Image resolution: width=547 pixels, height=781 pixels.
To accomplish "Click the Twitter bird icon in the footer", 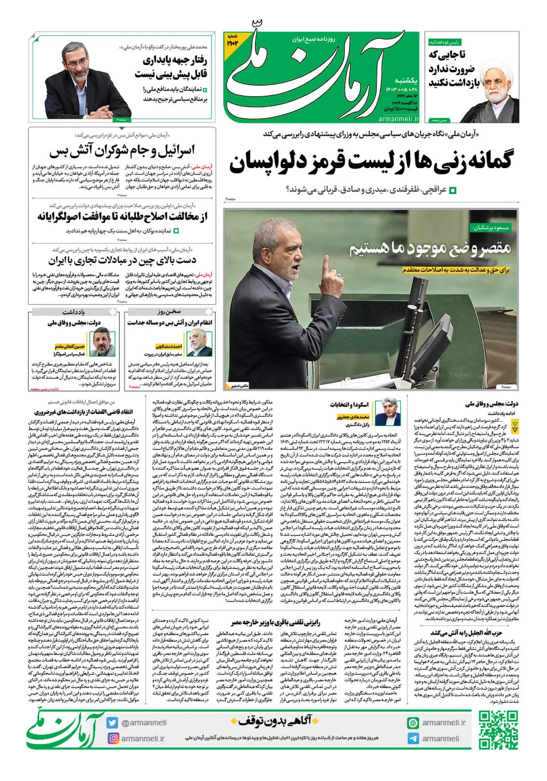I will [113, 723].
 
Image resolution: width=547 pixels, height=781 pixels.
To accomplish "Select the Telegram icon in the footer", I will [413, 739].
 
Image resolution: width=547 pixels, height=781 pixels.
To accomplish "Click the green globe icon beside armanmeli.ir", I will [413, 723].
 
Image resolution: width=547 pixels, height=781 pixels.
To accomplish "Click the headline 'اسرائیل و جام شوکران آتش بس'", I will [122, 151].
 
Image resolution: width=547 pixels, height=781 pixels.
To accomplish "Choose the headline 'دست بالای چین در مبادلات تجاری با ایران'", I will [122, 261].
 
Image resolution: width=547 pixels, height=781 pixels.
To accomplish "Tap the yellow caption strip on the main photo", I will [455, 271].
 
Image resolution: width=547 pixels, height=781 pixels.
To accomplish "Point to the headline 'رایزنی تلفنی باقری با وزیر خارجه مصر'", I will [275, 622].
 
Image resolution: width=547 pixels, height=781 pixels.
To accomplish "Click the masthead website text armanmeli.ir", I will [398, 118].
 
